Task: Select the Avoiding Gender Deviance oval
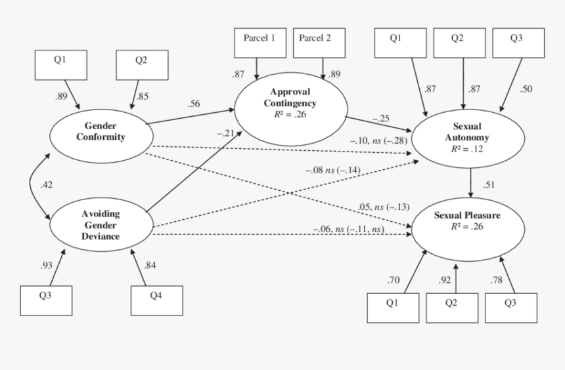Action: [101, 224]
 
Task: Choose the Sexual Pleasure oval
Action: [467, 224]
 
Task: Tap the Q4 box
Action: [156, 299]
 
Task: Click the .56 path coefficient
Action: [194, 104]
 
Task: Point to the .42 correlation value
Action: [46, 185]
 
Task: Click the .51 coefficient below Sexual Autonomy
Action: [489, 184]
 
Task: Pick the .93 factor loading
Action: [47, 265]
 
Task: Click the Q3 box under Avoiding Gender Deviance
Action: [45, 300]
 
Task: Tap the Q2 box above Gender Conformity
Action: [142, 64]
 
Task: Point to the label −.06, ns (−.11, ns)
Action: [348, 228]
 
